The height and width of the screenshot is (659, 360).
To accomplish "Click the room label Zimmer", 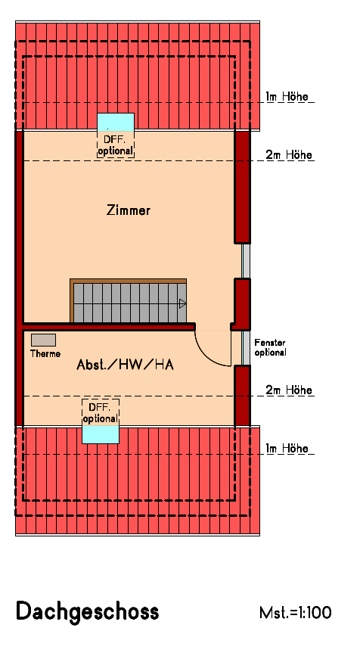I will pos(129,211).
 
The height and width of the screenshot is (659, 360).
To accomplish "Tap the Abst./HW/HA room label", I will pos(126,365).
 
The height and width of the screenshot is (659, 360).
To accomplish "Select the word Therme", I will pos(45,353).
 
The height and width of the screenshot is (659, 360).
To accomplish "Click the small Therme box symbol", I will pos(44,340).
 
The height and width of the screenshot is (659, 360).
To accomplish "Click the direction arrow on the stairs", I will pos(182,303).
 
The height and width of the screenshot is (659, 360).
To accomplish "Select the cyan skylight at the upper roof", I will pos(116,122).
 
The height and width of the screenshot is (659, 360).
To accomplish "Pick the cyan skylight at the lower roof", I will pos(101,434).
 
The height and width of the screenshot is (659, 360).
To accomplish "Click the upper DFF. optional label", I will pos(116,145).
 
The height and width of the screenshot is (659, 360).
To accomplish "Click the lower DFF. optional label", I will pos(101,413).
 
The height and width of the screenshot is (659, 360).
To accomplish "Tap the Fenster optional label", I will pos(270,347).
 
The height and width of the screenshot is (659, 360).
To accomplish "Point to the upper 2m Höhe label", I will pos(288,155).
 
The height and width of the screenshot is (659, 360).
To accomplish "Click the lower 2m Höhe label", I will pos(288,390).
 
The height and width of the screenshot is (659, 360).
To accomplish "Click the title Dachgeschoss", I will pos(87,611).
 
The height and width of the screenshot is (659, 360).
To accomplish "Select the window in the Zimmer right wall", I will pos(245,261).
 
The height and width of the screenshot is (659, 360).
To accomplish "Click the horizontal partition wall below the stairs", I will pos(110,327).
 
